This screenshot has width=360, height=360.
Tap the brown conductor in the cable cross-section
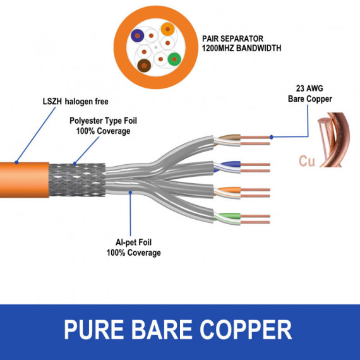[145, 64]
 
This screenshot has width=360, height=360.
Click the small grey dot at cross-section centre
[155, 47]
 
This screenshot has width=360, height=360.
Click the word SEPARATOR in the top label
[243, 38]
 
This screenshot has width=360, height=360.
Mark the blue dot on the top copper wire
[271, 136]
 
